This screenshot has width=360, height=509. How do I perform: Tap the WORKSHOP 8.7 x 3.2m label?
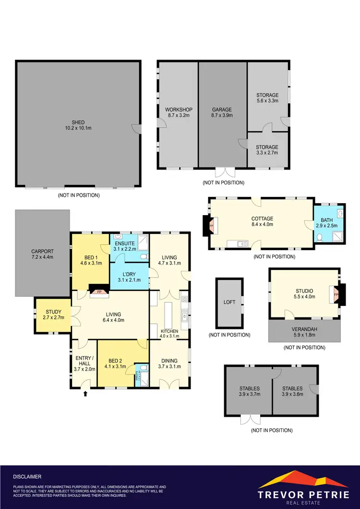[178, 112]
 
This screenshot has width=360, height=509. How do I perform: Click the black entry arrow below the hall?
[85, 394]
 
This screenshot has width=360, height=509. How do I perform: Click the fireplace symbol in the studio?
[337, 294]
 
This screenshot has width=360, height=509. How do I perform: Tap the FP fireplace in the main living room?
[99, 291]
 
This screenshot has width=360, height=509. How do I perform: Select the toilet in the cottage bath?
[320, 237]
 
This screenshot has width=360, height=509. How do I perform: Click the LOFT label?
[229, 303]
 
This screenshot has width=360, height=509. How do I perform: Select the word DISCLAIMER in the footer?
[27, 477]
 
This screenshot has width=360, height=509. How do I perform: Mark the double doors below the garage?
[223, 172]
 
